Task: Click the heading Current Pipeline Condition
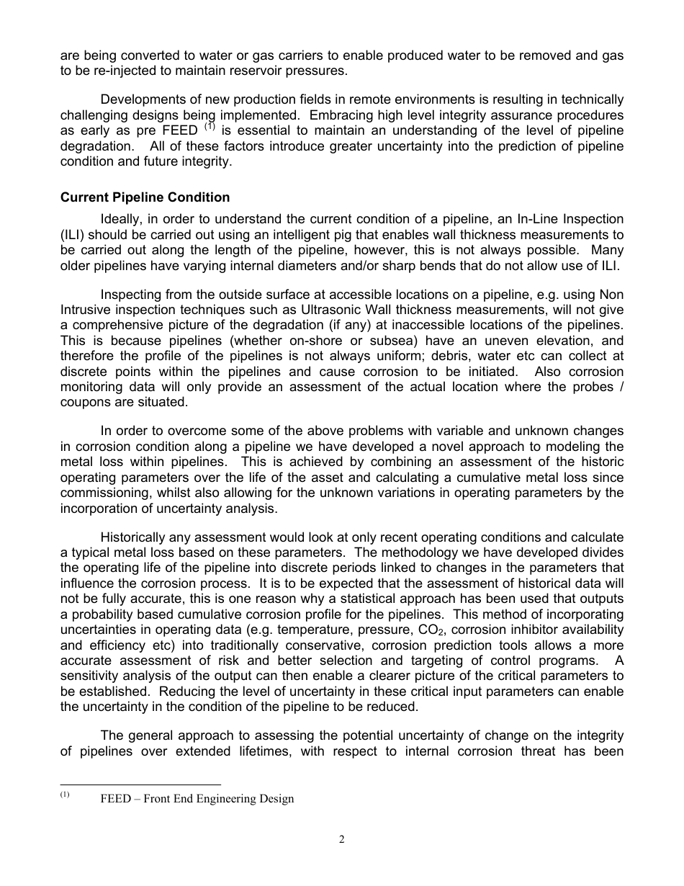click(145, 197)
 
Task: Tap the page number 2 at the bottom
click(342, 839)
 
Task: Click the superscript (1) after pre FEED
click(210, 127)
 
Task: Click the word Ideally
click(122, 218)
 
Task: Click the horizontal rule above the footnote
click(140, 784)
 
